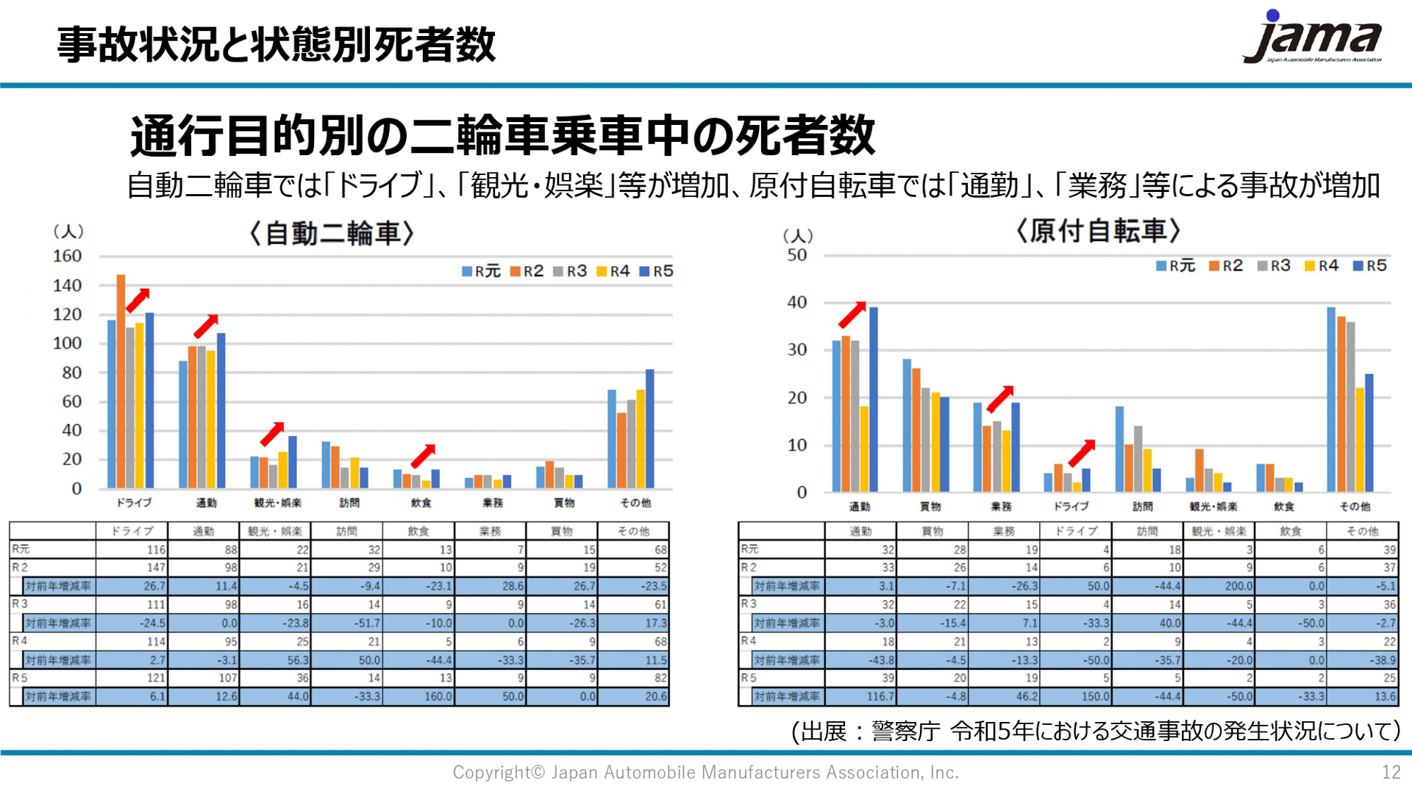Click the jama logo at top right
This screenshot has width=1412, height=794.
[1312, 38]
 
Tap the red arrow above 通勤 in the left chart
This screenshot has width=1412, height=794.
[206, 326]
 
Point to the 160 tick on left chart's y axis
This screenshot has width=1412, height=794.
[67, 257]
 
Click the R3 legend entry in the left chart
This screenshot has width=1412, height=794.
[570, 271]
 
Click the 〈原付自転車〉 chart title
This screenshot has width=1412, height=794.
[1098, 231]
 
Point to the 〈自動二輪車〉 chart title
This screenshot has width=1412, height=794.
[332, 234]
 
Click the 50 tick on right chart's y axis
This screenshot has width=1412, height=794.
[796, 256]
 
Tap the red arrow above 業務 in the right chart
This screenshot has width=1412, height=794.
[1000, 398]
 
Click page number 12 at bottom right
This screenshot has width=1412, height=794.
[1391, 772]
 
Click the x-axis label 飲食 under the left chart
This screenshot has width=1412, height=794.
[421, 503]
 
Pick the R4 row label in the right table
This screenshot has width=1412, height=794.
[749, 641]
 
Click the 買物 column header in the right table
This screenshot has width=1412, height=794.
[932, 531]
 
